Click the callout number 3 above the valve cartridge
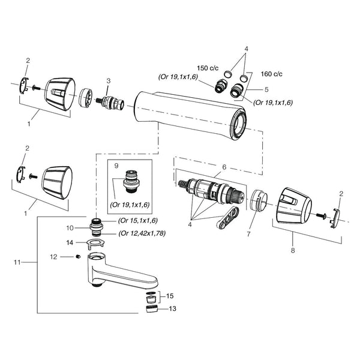coord(109,81)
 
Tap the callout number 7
coord(248,234)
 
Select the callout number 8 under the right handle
coord(293,250)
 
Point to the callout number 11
coord(17,262)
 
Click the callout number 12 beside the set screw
coord(53,257)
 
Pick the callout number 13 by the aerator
coord(172,308)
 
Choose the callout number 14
coord(70,242)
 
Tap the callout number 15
coord(170,296)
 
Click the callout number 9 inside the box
coord(116,166)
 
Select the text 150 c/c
coord(208,68)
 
